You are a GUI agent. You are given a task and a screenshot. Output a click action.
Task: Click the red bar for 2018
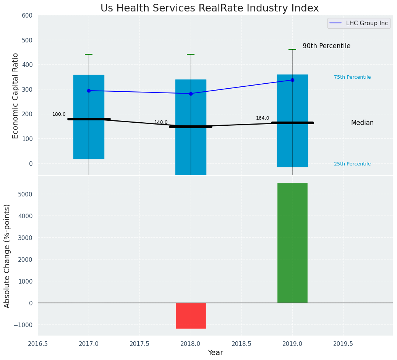191,315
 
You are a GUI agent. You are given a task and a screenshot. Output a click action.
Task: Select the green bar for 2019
292,243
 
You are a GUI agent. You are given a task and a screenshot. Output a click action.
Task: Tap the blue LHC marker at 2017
89,91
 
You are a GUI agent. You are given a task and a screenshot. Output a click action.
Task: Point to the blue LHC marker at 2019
292,80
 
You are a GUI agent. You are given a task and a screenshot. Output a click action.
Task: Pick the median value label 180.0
59,114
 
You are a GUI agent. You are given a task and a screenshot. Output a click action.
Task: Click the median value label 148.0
161,122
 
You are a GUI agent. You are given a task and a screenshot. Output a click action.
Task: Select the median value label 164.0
263,118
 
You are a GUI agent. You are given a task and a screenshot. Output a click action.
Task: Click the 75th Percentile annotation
352,77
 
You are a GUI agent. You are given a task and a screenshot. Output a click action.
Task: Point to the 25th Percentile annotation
352,164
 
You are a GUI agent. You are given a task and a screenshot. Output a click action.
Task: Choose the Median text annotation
362,123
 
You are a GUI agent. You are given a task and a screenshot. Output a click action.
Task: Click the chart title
209,8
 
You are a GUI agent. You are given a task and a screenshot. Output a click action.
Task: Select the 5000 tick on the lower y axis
25,194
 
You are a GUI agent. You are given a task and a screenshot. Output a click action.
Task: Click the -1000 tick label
23,325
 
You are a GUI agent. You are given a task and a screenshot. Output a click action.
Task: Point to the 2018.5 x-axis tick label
241,344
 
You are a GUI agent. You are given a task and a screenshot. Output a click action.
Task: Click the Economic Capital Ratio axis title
16,96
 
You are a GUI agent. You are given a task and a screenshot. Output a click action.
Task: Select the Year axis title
215,353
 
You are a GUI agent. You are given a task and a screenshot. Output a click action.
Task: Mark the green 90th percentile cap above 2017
89,54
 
